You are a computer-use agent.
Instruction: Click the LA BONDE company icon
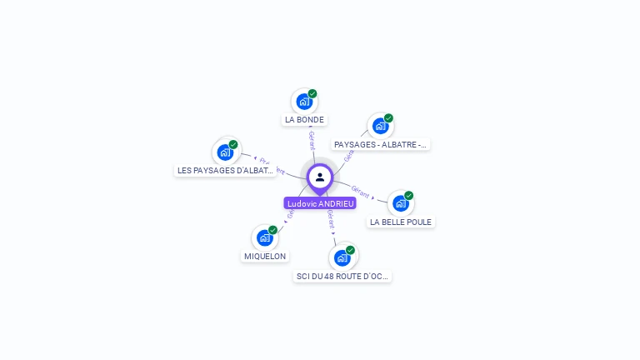point(304,102)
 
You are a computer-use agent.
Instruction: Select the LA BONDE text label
point(304,120)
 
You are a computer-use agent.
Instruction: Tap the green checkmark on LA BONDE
point(312,94)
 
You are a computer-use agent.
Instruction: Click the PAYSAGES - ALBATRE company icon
point(380,126)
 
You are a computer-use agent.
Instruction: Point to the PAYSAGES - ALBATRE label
point(380,144)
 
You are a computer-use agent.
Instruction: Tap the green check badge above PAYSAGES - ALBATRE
point(388,118)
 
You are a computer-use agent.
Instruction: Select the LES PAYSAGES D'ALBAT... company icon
point(225,152)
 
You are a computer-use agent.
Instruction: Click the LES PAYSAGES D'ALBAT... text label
point(225,170)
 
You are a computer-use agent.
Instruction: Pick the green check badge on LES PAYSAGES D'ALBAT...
point(233,144)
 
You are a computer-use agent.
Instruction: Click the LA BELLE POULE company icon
point(401,203)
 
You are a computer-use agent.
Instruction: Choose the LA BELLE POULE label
point(401,222)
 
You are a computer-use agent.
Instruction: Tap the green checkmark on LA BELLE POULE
point(409,196)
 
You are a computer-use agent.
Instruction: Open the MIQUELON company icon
point(265,237)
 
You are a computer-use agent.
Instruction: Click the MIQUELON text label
point(265,257)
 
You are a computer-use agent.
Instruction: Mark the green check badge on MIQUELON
point(272,230)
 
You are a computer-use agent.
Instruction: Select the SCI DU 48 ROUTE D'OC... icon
point(342,257)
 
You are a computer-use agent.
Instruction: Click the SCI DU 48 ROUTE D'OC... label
point(342,276)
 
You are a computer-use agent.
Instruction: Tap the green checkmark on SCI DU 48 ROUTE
point(350,250)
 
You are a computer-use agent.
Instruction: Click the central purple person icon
point(320,177)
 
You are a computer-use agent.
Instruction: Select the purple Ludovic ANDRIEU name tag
point(320,203)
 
